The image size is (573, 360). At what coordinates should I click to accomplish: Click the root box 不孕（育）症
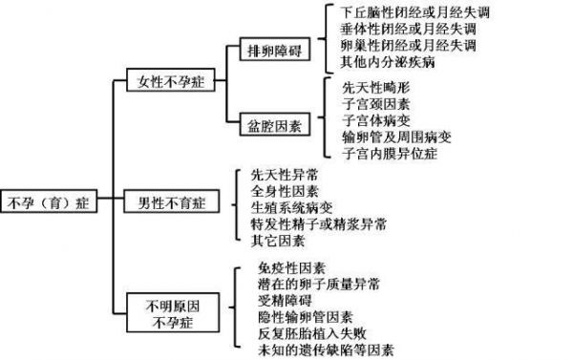(49, 201)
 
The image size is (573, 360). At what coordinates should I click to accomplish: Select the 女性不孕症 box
(171, 80)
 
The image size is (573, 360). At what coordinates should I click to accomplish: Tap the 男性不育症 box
(171, 201)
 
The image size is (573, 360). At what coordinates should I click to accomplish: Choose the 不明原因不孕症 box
(173, 312)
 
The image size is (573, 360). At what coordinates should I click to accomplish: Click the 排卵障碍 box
(275, 49)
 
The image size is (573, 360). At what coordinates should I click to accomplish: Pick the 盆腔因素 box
(275, 125)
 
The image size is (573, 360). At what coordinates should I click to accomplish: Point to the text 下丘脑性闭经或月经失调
(414, 12)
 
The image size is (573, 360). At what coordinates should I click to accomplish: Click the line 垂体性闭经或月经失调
(408, 30)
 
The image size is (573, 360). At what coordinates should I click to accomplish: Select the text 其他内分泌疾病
(388, 62)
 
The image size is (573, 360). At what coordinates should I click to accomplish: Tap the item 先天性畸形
(375, 88)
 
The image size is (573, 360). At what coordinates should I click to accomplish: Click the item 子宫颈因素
(375, 104)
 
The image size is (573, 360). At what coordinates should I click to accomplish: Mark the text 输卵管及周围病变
(396, 138)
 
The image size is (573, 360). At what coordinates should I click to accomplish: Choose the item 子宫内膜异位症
(390, 154)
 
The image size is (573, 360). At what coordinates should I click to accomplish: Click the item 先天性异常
(285, 175)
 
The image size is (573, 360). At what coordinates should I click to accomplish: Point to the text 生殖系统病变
(291, 207)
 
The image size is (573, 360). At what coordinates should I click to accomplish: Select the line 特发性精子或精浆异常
(318, 224)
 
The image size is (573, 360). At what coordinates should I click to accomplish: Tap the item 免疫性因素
(291, 268)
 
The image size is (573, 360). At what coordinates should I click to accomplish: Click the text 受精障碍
(285, 301)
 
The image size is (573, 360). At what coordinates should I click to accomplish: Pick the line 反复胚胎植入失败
(311, 333)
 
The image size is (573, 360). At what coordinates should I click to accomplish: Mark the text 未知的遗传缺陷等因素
(326, 350)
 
